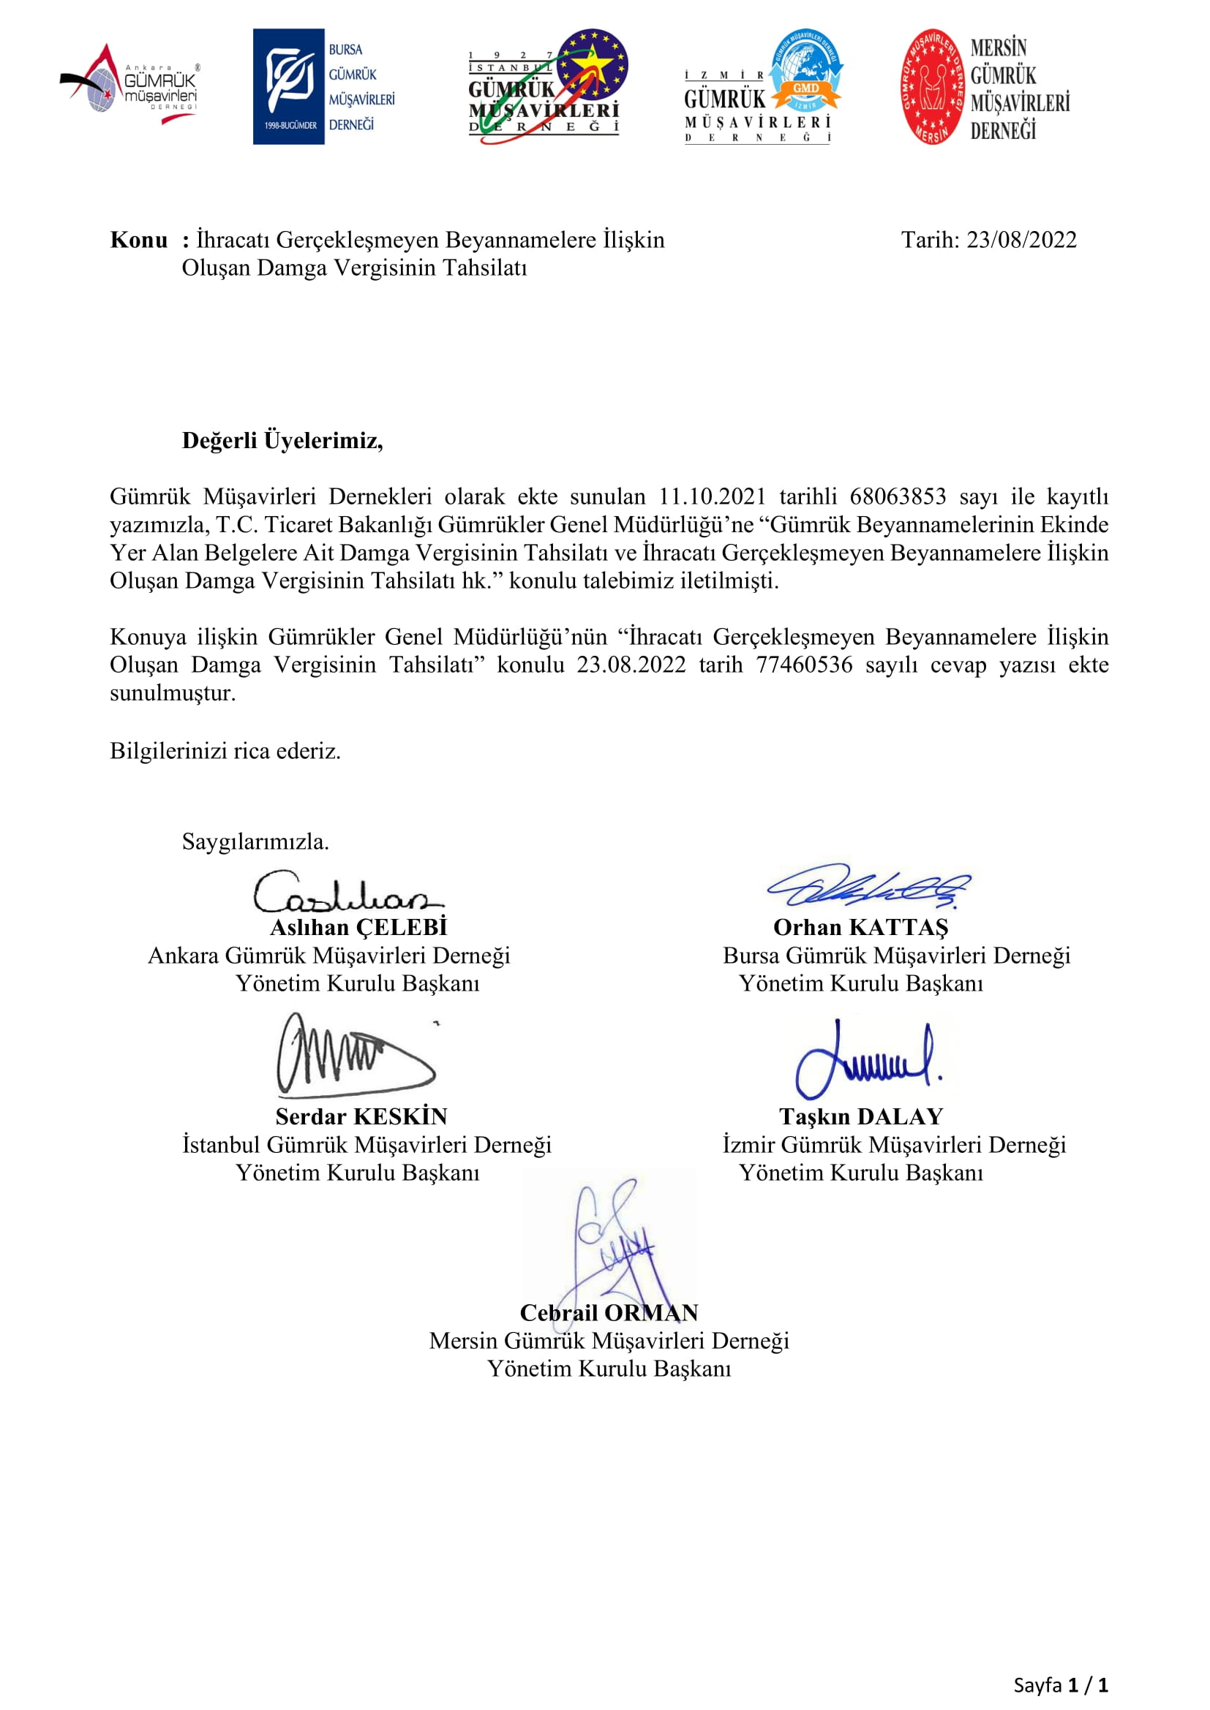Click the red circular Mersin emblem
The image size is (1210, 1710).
(x=932, y=87)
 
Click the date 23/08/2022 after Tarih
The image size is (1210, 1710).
(x=1021, y=240)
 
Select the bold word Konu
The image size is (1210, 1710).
(x=138, y=240)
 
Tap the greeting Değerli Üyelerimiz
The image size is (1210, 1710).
(x=282, y=441)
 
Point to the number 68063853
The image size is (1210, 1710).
(x=898, y=496)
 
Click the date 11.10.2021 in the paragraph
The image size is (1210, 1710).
(x=713, y=496)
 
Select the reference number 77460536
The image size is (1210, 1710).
(x=805, y=665)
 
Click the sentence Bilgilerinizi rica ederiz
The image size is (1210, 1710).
(x=225, y=751)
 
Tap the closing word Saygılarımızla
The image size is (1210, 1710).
(x=255, y=841)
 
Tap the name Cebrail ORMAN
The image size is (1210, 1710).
(x=609, y=1312)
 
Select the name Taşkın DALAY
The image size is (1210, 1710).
(x=861, y=1116)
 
